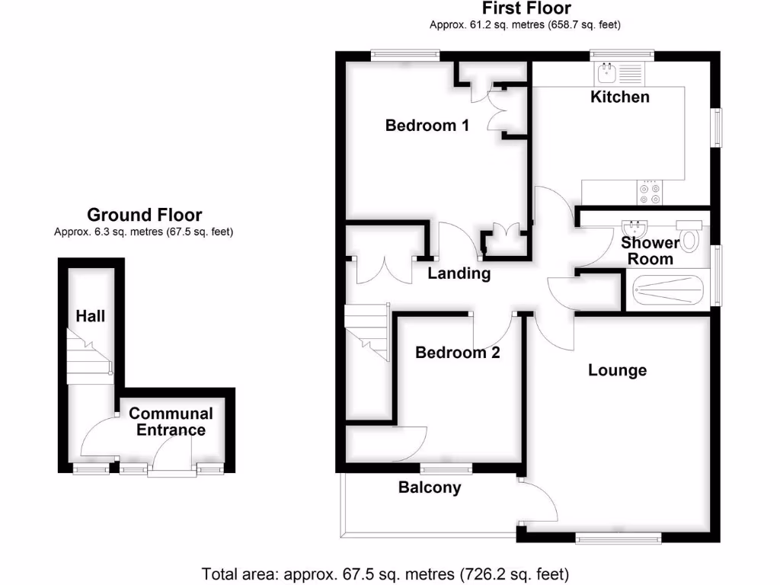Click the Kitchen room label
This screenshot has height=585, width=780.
(x=620, y=97)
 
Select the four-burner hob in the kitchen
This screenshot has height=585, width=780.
(x=650, y=191)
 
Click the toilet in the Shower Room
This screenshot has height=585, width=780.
(x=690, y=237)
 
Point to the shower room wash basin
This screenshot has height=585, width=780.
(x=633, y=229)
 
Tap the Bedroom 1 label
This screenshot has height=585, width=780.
(x=427, y=125)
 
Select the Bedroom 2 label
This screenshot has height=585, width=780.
(x=457, y=353)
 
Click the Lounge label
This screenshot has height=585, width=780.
(x=617, y=370)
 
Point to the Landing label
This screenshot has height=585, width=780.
(x=459, y=273)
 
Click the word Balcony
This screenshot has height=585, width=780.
(x=430, y=487)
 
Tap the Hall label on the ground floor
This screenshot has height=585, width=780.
(x=90, y=315)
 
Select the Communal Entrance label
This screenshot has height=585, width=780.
(x=170, y=421)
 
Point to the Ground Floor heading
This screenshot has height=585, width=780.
(x=144, y=215)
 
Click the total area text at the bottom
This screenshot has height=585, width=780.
(x=385, y=573)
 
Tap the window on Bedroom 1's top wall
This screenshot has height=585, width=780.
(x=404, y=54)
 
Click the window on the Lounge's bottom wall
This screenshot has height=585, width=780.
(x=618, y=539)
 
